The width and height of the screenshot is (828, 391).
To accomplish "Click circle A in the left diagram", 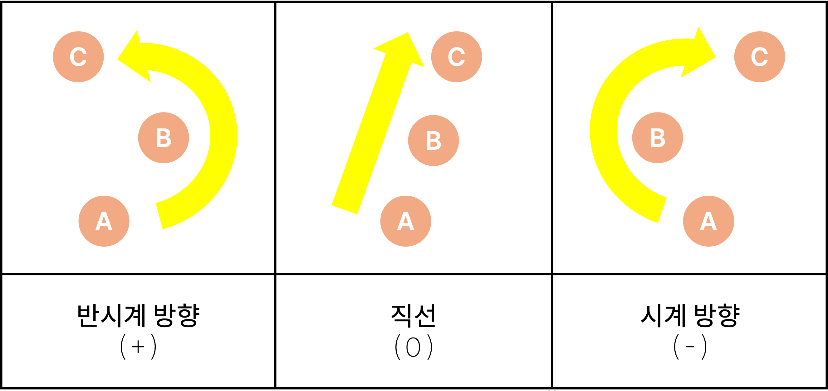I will (104, 221).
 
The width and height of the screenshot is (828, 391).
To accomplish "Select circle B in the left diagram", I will (163, 138).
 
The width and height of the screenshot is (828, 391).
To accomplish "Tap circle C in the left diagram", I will (78, 57).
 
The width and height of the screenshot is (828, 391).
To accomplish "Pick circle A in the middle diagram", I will (405, 221).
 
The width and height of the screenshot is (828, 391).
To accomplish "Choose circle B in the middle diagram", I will (433, 141).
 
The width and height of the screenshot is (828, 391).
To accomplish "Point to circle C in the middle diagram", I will (456, 57).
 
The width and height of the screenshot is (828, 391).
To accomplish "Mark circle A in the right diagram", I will (708, 221).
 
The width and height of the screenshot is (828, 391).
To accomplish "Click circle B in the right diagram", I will (657, 138).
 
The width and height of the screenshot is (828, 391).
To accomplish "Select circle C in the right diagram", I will (760, 57).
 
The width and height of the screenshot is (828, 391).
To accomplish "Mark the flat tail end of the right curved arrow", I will (662, 210).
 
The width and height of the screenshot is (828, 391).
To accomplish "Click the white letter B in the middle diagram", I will (433, 141).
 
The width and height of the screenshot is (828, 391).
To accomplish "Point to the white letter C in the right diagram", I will (760, 57).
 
